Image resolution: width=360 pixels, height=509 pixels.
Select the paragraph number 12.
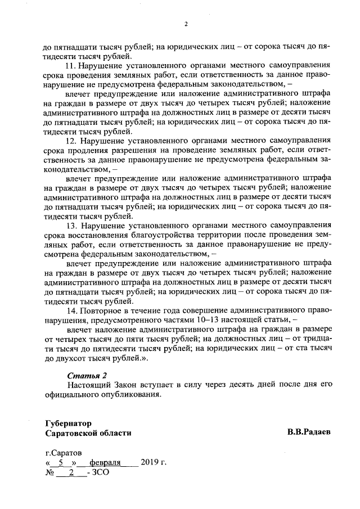pyautogui.click(x=72, y=140)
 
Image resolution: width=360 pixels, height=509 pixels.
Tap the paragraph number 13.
pyautogui.click(x=72, y=226)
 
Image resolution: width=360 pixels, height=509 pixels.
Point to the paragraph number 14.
pyautogui.click(x=72, y=311)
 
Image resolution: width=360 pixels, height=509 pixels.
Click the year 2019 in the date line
pyautogui.click(x=151, y=463)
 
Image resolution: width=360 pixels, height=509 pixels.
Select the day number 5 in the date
pyautogui.click(x=60, y=463)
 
